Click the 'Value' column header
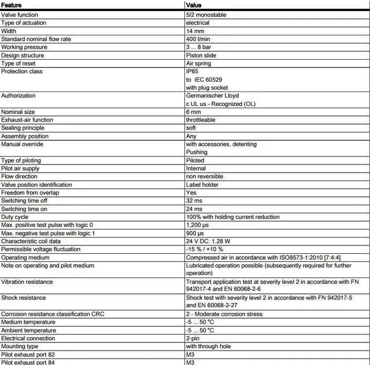coord(193,5)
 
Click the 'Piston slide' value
coord(201,55)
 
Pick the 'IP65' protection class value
coord(192,71)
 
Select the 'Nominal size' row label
coord(18,112)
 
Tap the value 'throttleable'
coord(201,120)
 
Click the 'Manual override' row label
coord(22,144)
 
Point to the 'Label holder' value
coord(202,184)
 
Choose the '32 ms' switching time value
coord(194,200)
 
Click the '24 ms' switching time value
coord(194,209)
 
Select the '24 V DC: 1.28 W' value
coord(208,241)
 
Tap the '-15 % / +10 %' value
coord(205,249)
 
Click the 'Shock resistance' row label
coord(24,298)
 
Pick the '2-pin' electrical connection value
coord(193,338)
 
